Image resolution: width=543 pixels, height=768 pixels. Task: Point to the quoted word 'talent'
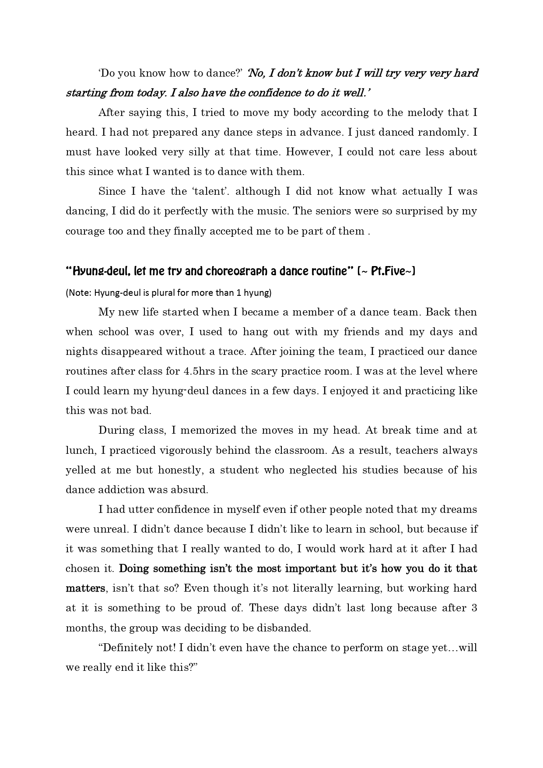pos(210,192)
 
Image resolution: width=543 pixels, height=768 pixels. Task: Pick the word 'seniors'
pos(331,211)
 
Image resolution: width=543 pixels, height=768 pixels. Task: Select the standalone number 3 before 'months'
pos(474,608)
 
